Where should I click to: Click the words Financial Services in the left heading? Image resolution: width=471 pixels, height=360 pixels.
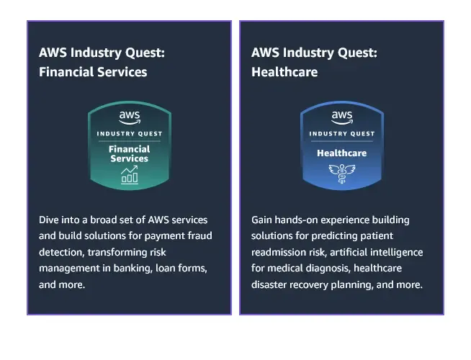point(93,72)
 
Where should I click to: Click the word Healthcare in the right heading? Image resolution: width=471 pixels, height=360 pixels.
point(284,72)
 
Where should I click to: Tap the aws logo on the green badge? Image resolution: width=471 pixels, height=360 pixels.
point(130,117)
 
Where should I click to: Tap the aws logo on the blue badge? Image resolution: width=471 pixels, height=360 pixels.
point(342,117)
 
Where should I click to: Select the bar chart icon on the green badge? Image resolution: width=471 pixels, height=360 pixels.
point(130,174)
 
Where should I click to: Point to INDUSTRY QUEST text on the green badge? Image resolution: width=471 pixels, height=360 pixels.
point(130,133)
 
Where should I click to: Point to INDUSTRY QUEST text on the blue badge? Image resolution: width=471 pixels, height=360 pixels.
point(342,133)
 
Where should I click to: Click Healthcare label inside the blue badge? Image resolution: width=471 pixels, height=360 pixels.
point(342,153)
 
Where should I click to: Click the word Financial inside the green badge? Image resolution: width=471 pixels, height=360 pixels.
point(130,149)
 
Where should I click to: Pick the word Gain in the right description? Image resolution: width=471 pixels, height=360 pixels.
point(263,219)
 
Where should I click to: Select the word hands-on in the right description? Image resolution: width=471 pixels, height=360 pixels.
point(300,219)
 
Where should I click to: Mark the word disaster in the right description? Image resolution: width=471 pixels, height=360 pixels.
point(269,284)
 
